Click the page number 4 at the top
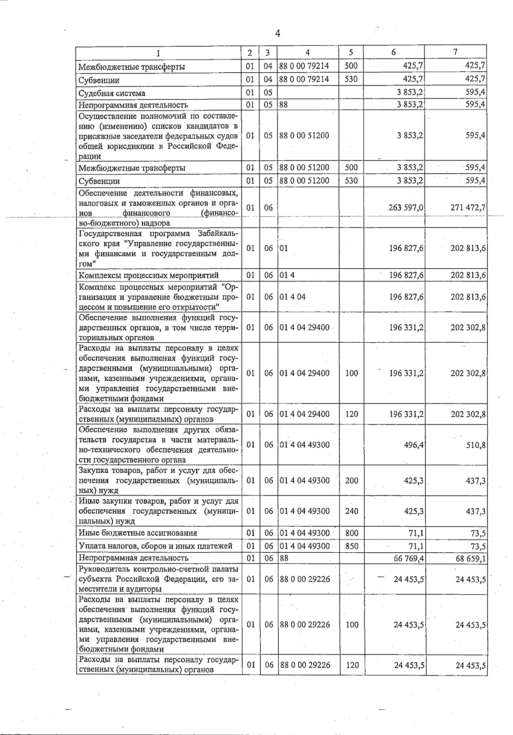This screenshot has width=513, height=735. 277,34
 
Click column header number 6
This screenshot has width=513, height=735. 393,52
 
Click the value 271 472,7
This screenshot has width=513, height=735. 468,207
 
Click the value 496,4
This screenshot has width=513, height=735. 413,445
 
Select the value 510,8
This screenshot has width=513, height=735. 476,445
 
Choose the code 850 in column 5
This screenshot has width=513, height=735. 351,546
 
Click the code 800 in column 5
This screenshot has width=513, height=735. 351,533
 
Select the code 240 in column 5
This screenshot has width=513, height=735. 351,511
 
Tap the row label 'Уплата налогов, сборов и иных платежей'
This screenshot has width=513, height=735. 156,546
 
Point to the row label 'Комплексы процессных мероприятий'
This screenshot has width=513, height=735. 148,275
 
